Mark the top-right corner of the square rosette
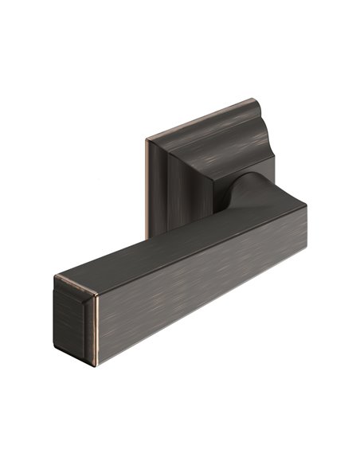point(257,101)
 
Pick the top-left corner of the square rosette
point(148,141)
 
